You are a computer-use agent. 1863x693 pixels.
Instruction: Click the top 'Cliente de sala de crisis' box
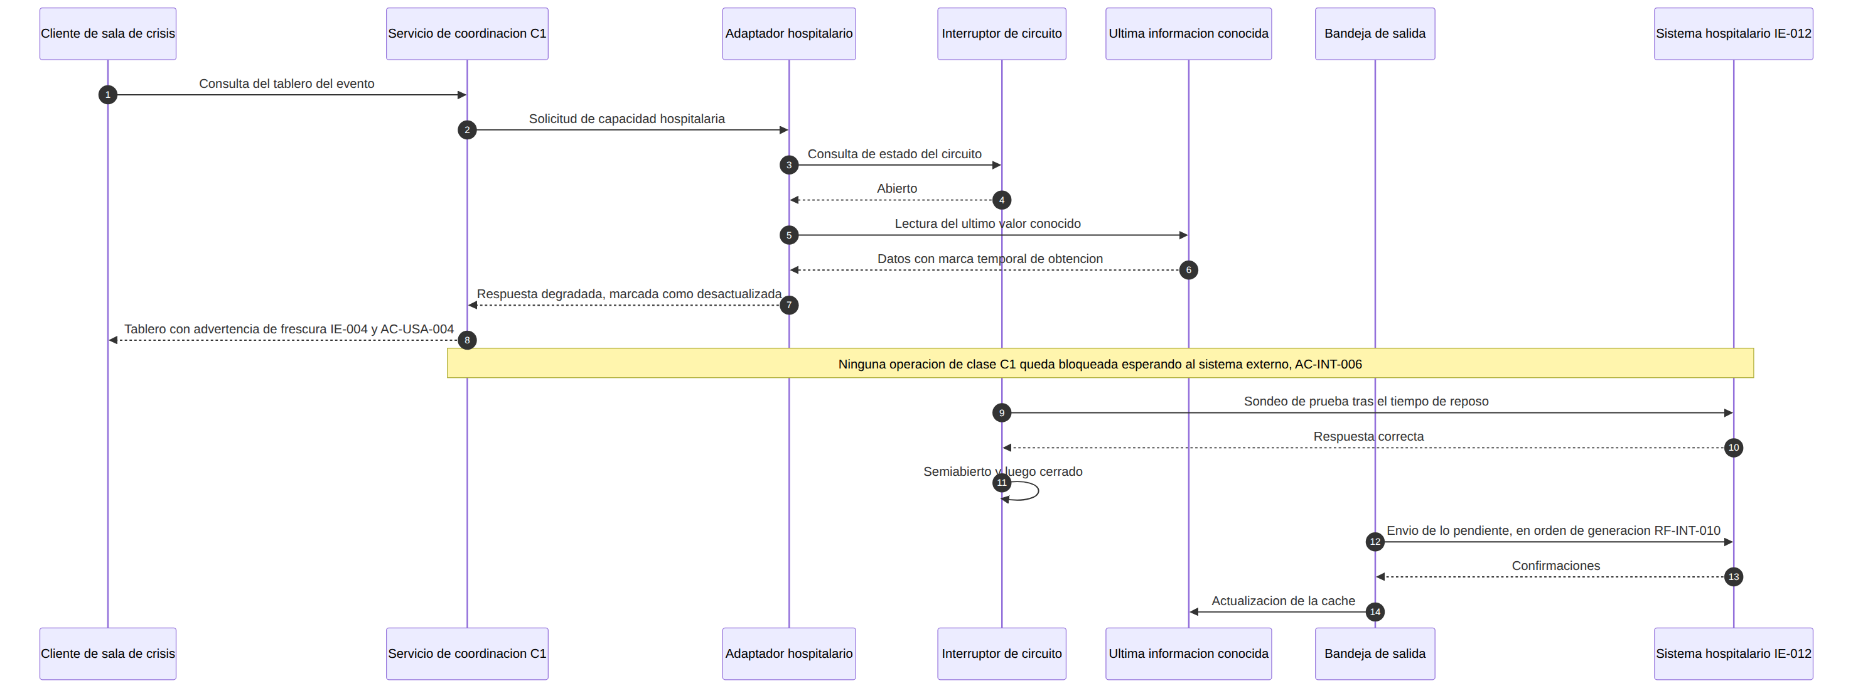click(x=108, y=33)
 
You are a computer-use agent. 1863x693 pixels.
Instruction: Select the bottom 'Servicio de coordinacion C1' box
click(x=467, y=653)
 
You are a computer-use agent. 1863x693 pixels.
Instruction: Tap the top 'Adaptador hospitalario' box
click(x=789, y=33)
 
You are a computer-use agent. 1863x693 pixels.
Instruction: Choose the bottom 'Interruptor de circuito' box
click(x=1002, y=653)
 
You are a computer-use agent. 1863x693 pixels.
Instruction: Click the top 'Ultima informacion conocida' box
click(x=1188, y=33)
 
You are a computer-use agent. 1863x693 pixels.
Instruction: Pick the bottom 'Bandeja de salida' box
click(x=1375, y=653)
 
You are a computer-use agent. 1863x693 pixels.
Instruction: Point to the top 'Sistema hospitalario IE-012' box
click(x=1734, y=33)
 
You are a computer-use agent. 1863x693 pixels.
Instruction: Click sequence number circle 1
click(x=108, y=95)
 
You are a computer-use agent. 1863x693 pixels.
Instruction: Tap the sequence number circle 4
click(x=1002, y=200)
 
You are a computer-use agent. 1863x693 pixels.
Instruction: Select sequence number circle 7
click(x=789, y=304)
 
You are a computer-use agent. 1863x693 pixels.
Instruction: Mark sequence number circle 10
click(x=1734, y=448)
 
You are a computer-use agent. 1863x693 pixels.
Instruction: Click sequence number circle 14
click(x=1375, y=612)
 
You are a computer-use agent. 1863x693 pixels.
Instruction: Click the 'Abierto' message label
click(x=897, y=188)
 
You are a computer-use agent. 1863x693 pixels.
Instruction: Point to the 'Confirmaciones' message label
click(x=1555, y=566)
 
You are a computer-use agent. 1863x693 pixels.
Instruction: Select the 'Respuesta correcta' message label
click(x=1368, y=436)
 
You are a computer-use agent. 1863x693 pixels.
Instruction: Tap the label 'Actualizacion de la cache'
click(x=1283, y=600)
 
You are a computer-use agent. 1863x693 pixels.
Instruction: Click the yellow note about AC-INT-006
click(x=1100, y=363)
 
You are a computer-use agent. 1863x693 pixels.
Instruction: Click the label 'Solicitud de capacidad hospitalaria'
click(x=626, y=119)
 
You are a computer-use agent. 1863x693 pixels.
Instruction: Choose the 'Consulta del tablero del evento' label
click(x=286, y=83)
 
